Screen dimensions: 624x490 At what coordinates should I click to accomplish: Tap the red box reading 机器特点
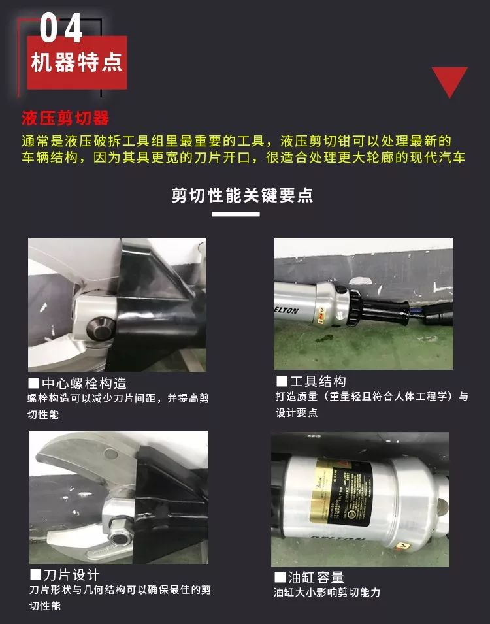76,63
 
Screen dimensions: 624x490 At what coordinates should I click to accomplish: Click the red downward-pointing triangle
449,81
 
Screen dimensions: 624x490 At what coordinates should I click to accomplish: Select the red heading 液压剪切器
65,119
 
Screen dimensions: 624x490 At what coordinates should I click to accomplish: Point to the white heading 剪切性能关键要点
242,195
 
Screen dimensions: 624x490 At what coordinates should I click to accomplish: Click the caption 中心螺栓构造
84,384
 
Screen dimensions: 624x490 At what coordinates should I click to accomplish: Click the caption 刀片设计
71,575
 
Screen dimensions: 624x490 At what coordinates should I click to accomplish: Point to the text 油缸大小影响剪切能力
327,593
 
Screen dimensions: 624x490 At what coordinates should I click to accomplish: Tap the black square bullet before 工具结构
282,381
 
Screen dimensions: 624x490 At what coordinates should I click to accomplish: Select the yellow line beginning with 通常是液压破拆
236,141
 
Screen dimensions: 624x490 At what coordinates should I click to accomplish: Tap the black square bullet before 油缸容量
280,577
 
